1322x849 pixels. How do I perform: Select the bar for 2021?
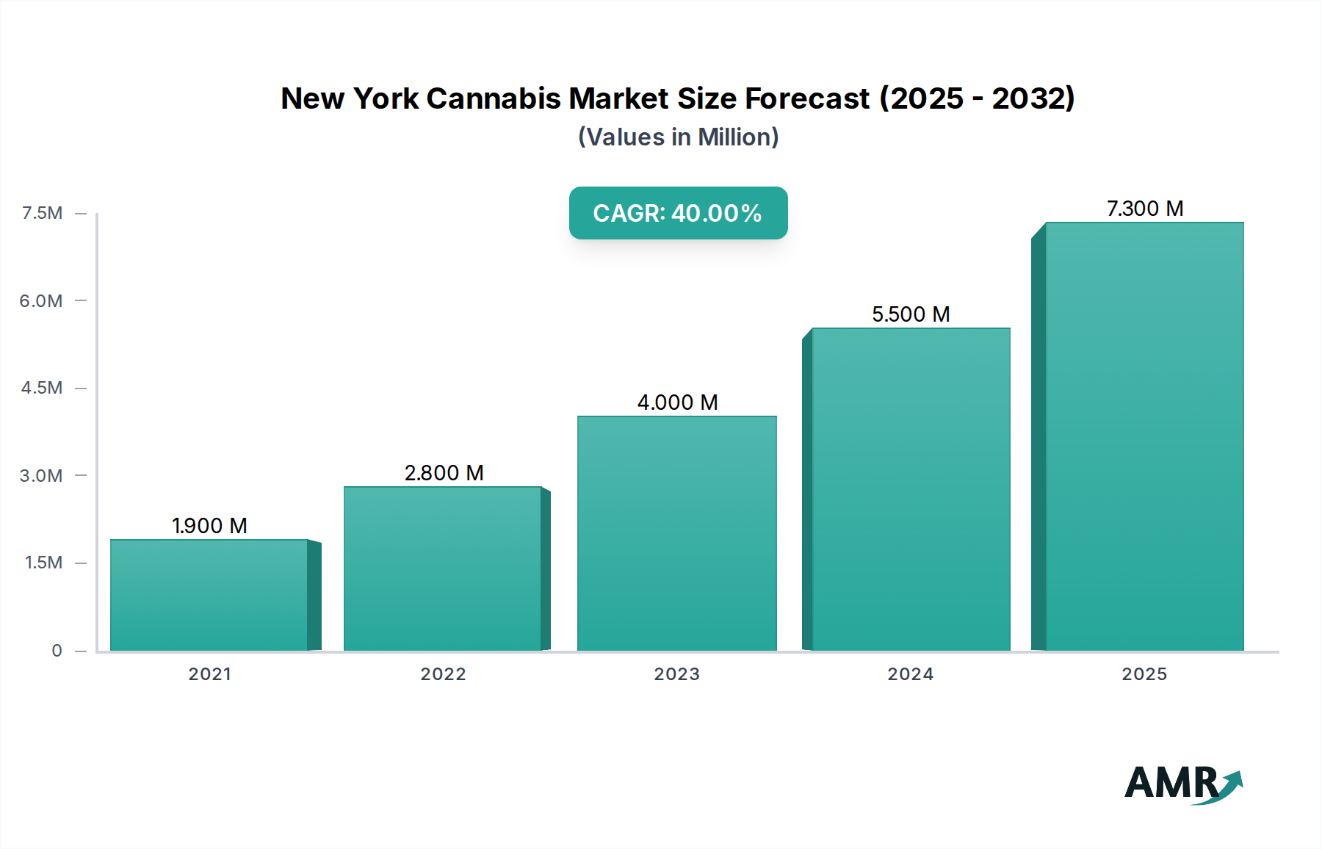(209, 595)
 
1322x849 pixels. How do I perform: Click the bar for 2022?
(443, 568)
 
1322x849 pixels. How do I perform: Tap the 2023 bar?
(676, 533)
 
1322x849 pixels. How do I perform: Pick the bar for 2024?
(911, 489)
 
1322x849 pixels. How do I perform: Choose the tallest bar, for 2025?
(1144, 436)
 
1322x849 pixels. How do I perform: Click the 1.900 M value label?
(209, 526)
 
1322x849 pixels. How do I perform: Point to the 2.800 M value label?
(444, 473)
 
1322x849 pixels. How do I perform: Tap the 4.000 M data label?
(677, 402)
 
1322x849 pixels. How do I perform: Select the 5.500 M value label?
(911, 314)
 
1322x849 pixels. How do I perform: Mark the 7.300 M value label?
(1144, 209)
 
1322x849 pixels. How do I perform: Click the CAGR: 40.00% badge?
(678, 213)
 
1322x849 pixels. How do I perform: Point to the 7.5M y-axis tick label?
(42, 213)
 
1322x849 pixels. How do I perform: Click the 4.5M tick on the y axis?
(42, 388)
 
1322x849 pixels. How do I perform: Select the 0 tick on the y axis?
(57, 651)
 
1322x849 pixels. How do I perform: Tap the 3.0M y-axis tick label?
(41, 475)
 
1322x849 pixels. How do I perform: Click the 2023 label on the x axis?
(676, 674)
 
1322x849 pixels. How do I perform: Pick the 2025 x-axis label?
(1144, 674)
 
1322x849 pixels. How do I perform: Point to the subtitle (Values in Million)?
(678, 137)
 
